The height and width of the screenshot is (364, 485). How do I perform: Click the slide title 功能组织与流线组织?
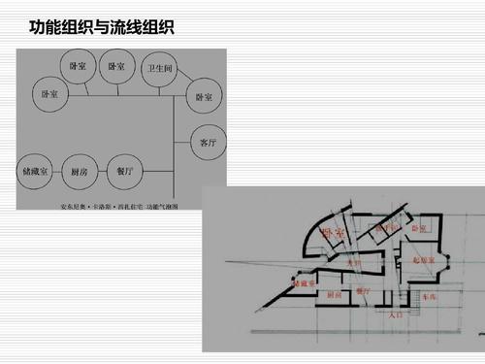coord(101,23)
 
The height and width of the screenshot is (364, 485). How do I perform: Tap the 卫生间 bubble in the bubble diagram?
coord(157,70)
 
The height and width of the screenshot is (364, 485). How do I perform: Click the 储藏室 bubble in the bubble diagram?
coord(36,171)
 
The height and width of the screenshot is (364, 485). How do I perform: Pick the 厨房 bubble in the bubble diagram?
coord(81,171)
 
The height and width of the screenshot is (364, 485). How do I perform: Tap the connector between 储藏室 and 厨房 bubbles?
coord(58,171)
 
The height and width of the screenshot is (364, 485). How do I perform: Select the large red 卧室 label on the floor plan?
coord(333,233)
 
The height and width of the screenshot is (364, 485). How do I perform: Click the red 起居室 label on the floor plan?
coord(424,260)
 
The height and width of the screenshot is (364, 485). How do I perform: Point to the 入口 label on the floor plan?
coord(395,314)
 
